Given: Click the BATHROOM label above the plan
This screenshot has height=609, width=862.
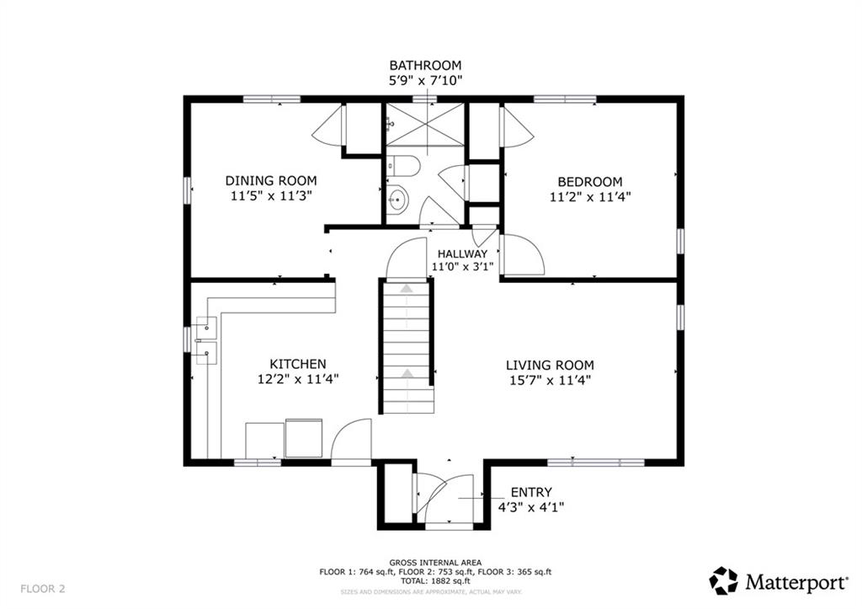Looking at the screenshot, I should click(425, 65).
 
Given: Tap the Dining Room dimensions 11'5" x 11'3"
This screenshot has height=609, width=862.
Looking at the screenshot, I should click(271, 196).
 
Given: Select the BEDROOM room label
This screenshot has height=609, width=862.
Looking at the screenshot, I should click(590, 181).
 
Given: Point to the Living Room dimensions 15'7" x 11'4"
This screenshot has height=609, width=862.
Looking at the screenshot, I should click(550, 381).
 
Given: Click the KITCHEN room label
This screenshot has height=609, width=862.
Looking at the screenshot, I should click(297, 364).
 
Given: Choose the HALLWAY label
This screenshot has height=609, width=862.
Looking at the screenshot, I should click(461, 253).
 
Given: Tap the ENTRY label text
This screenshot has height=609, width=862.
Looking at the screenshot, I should click(531, 492).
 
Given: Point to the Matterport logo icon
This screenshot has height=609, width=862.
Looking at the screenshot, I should click(723, 580).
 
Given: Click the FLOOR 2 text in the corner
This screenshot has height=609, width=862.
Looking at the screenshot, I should click(43, 588).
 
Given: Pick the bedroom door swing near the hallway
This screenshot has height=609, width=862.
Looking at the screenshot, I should click(522, 256).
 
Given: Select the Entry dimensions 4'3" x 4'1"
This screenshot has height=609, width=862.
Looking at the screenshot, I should click(531, 507).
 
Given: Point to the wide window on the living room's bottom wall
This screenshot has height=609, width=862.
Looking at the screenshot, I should click(596, 462).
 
